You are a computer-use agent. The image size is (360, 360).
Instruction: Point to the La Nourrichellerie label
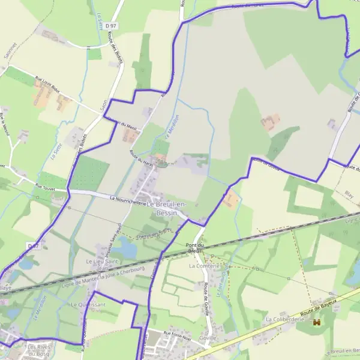(x=128, y=200)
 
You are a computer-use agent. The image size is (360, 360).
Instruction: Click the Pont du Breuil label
(x=196, y=247)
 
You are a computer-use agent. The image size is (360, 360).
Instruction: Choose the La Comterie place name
(x=202, y=265)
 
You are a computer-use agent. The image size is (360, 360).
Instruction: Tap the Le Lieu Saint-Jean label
(x=102, y=265)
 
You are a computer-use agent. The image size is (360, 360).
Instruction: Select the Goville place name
(x=208, y=337)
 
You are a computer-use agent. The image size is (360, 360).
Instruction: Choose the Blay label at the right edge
(x=349, y=194)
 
